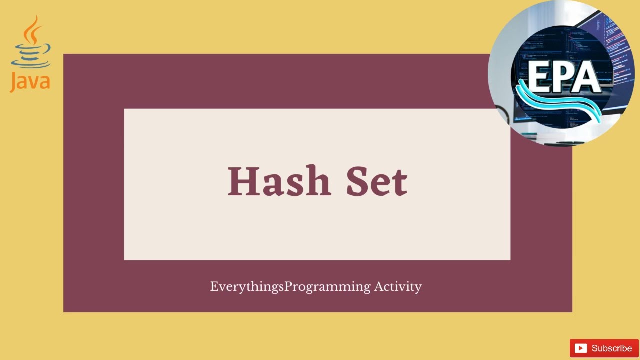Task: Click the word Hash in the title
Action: [x=279, y=181]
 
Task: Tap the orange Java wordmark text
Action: [x=30, y=82]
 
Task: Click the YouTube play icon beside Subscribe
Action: [x=580, y=348]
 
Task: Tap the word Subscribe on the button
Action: [x=612, y=348]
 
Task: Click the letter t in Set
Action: [x=399, y=183]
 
